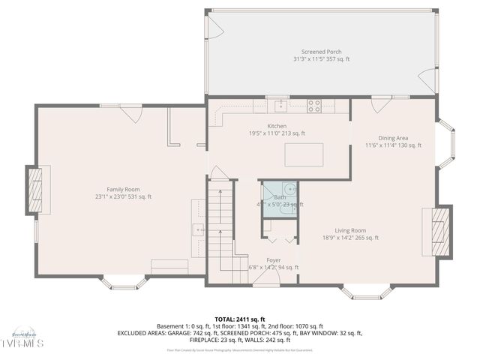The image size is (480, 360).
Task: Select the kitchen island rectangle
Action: pos(303,154)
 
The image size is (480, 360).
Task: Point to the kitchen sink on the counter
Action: pos(280,105)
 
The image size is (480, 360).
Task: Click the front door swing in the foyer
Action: pos(266,278)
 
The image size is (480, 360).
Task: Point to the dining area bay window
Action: pos(448,144)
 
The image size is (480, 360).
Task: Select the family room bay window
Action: pos(124,283)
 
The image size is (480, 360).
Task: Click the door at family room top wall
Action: pos(132,113)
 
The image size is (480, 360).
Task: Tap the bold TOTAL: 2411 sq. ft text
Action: pos(239,319)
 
